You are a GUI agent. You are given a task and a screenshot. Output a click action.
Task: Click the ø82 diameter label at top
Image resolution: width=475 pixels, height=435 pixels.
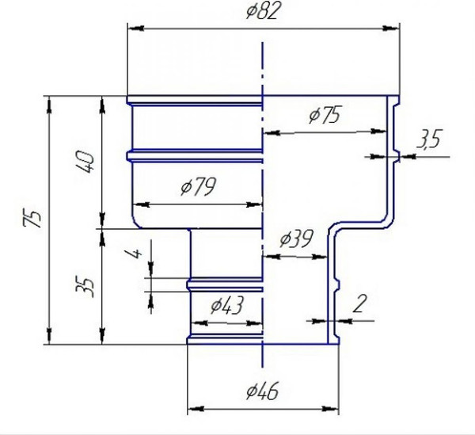pos(262,11)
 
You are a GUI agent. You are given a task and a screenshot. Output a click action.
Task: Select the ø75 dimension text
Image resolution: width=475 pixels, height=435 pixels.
pos(325,114)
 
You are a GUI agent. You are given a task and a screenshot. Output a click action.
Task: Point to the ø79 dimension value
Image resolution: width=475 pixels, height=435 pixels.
pos(198,186)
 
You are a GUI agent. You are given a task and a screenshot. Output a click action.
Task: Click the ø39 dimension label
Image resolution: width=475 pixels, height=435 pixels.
pos(295,238)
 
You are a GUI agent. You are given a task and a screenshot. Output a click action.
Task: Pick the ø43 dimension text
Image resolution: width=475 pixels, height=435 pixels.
pos(226,305)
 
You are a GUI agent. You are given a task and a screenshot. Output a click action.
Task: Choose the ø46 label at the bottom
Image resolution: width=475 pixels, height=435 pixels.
pos(262,391)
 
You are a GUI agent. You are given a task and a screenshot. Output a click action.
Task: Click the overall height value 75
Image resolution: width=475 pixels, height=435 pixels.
pos(32,218)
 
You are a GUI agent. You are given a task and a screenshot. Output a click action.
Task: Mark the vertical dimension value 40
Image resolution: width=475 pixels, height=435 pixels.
pos(84,162)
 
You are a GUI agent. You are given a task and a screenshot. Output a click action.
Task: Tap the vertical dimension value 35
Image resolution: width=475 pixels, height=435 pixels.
pos(85,287)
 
